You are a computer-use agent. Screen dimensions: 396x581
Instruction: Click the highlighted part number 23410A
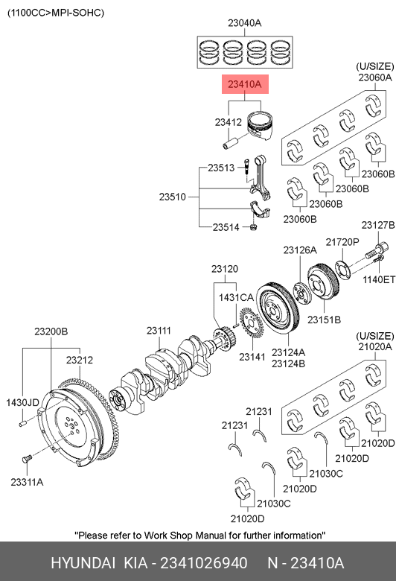[244, 84]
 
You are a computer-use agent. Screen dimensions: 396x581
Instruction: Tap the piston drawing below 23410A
[260, 125]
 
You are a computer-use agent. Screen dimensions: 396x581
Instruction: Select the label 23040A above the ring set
[244, 23]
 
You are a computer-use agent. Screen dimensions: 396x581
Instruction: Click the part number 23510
[172, 197]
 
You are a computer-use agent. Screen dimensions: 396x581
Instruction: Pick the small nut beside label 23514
[253, 226]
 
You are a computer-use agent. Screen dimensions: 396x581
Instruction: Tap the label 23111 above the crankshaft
[159, 331]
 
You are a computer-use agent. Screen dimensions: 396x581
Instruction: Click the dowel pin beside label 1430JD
[23, 423]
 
